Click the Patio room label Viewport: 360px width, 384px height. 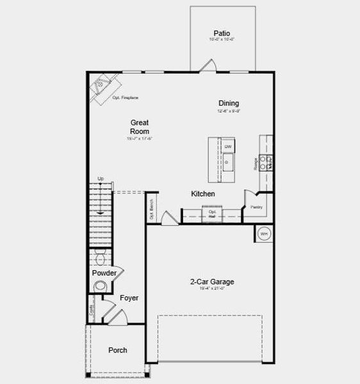coord(222,33)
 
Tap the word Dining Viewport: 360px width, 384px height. coord(229,103)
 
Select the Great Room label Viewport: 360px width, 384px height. coord(140,126)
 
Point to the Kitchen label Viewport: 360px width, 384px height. coord(202,193)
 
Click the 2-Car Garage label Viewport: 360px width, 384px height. coord(211,282)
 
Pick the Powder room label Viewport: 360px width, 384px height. coord(104,273)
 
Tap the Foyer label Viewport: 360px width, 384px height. coord(129,298)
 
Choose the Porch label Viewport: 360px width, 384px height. coord(117,350)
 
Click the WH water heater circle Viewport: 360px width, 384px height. coord(263,234)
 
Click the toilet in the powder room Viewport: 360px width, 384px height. coord(100,258)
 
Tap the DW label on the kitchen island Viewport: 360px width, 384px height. coord(227,147)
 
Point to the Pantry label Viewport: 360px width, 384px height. coord(256,207)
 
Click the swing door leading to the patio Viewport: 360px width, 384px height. coord(207,66)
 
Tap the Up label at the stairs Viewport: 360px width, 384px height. coord(101,179)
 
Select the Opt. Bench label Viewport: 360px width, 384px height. coord(151,209)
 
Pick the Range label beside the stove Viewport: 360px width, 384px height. coord(256,163)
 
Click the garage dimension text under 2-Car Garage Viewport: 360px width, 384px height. coord(211,289)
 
